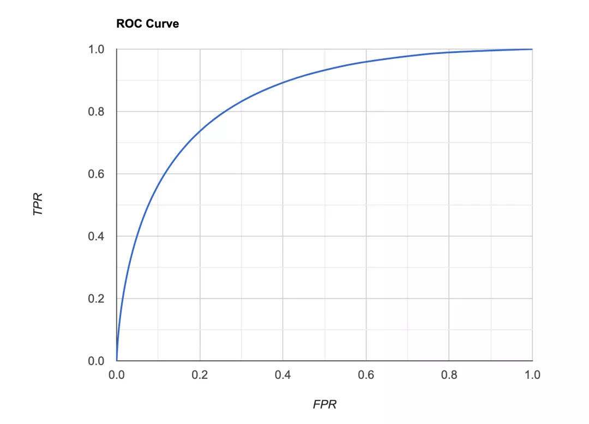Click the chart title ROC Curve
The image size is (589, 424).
(x=147, y=24)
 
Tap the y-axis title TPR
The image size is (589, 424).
(x=38, y=203)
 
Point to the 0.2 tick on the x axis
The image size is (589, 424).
(x=200, y=375)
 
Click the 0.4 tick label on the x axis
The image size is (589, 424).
(x=283, y=375)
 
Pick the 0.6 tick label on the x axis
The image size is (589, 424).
(x=366, y=375)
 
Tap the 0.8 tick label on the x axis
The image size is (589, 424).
(x=449, y=375)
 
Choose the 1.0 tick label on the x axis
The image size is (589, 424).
(x=532, y=375)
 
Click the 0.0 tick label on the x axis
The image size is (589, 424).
(x=116, y=375)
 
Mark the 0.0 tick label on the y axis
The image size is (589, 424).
(x=96, y=361)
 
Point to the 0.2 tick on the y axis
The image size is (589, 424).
(x=96, y=299)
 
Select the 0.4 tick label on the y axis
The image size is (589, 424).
(x=96, y=236)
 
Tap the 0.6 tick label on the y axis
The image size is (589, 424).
(x=96, y=174)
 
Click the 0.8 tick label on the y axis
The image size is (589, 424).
(x=96, y=112)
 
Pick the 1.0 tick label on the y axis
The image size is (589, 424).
(x=96, y=50)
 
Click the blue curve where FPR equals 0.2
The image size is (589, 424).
(x=200, y=131)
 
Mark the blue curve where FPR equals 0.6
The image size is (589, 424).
(x=366, y=62)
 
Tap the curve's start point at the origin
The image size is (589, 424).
(x=117, y=360)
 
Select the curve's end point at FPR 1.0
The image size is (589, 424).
(x=532, y=50)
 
